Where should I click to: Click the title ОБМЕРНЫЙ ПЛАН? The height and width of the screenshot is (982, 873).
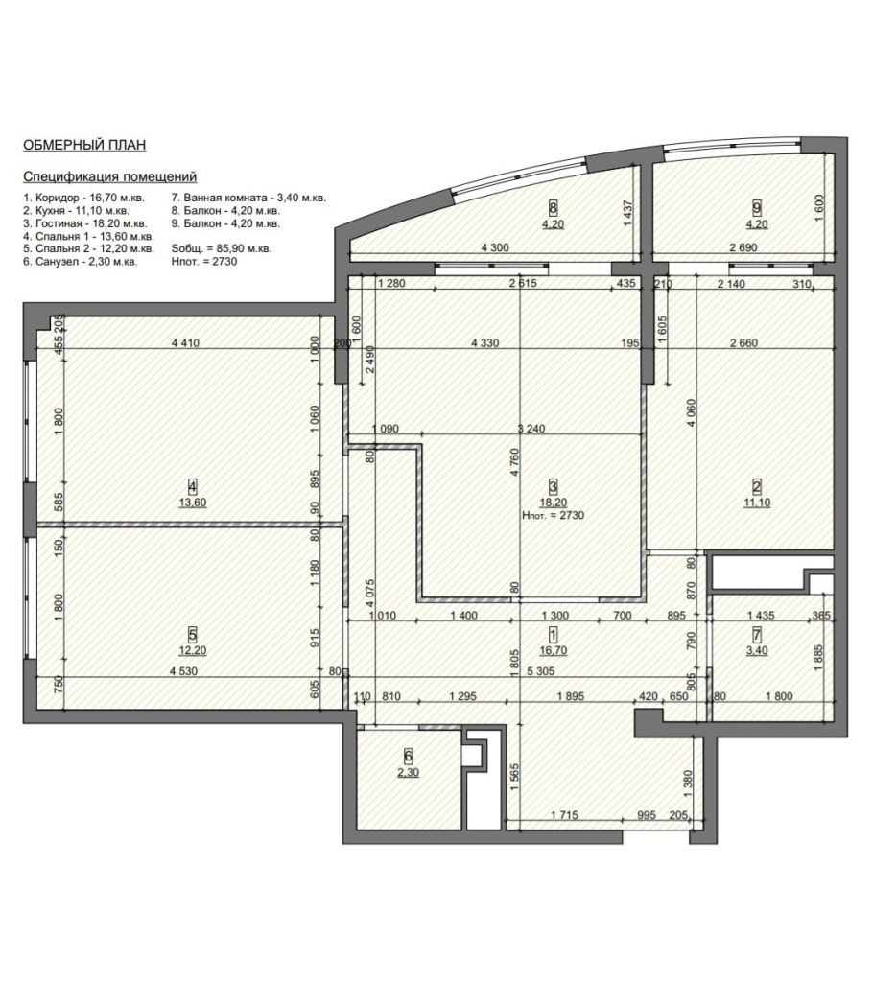pyautogui.click(x=84, y=145)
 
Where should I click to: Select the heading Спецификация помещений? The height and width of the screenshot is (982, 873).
pyautogui.click(x=109, y=176)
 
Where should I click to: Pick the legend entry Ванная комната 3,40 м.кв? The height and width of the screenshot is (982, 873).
pyautogui.click(x=248, y=198)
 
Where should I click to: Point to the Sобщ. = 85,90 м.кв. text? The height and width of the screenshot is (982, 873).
pyautogui.click(x=222, y=248)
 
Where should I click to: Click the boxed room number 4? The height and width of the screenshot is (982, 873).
pyautogui.click(x=193, y=485)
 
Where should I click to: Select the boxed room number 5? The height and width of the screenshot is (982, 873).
pyautogui.click(x=193, y=634)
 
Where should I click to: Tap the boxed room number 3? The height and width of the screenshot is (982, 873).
pyautogui.click(x=553, y=486)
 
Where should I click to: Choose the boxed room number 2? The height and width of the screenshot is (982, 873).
pyautogui.click(x=757, y=486)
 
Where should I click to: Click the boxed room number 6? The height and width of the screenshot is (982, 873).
pyautogui.click(x=409, y=756)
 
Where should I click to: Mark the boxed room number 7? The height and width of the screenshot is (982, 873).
pyautogui.click(x=757, y=634)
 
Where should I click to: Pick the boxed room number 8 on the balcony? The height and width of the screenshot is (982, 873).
pyautogui.click(x=553, y=207)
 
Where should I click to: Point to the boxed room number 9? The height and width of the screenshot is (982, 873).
pyautogui.click(x=757, y=207)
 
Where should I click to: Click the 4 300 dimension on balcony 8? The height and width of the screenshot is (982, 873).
pyautogui.click(x=495, y=247)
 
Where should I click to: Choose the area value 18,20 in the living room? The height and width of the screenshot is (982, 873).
pyautogui.click(x=554, y=503)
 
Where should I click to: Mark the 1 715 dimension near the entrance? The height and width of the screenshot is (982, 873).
pyautogui.click(x=564, y=815)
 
